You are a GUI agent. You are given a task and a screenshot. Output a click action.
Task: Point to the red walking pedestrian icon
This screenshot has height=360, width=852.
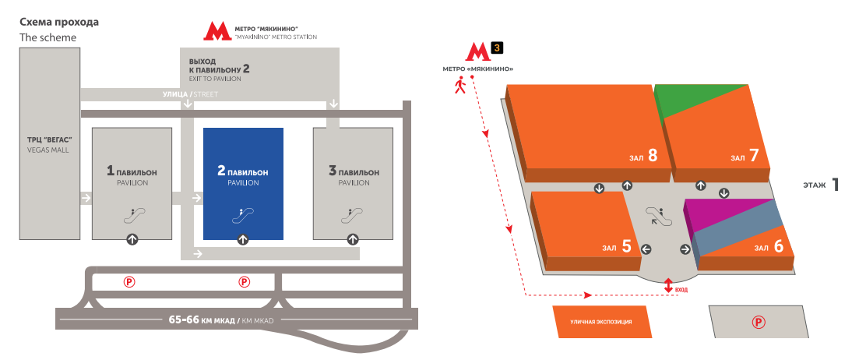coord(460,85)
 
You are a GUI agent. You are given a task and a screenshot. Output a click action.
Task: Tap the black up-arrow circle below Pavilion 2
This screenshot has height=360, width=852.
coord(243,239)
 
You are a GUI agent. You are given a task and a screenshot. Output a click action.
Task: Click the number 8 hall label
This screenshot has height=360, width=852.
coord(653,156)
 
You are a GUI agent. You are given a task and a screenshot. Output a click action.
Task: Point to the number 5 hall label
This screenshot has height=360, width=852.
coord(625,248)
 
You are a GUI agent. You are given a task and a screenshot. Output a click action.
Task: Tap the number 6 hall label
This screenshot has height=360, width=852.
coord(778,247)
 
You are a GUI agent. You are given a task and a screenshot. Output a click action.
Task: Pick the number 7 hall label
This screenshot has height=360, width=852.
coord(753,156)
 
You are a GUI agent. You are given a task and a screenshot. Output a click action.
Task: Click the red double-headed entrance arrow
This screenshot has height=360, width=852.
coord(667,286)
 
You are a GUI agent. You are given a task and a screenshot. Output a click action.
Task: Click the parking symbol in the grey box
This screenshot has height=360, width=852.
coord(755,321)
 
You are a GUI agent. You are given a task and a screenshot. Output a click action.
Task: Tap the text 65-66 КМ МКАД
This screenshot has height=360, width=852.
coord(199,319)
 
